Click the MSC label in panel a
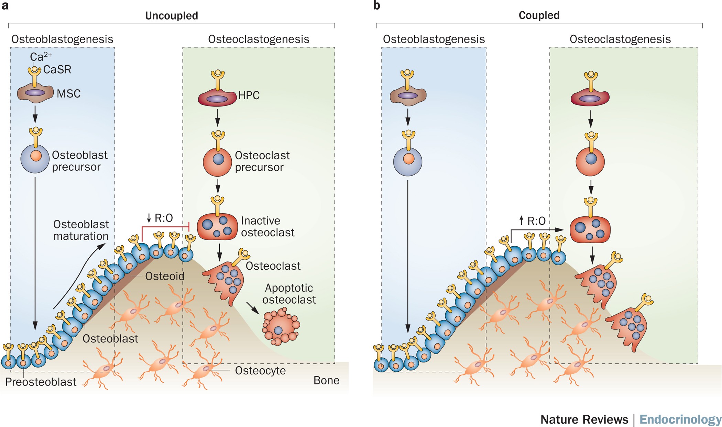(x=68, y=93)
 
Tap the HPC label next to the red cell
(x=249, y=95)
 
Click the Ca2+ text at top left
(x=41, y=56)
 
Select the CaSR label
(x=57, y=69)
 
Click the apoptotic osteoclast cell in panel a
(x=281, y=327)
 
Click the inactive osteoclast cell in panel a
(x=217, y=227)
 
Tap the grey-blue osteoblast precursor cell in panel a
(x=35, y=159)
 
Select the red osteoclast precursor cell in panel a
(x=217, y=161)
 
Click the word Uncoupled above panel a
(x=171, y=16)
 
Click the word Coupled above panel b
(x=539, y=15)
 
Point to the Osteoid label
(x=165, y=276)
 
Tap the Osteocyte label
(x=260, y=370)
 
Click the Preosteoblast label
(x=41, y=382)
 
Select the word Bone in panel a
(x=326, y=380)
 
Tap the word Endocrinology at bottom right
(x=680, y=419)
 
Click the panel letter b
(x=376, y=6)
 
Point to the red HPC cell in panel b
(x=590, y=97)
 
